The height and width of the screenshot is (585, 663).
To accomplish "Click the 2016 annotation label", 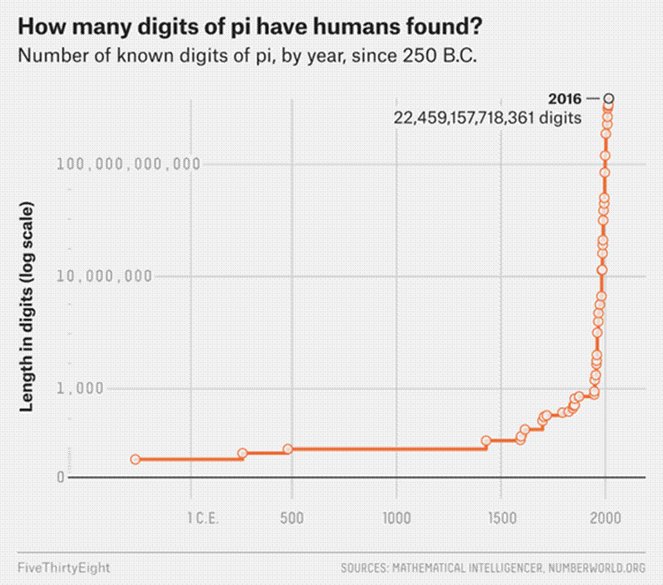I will coord(565,99).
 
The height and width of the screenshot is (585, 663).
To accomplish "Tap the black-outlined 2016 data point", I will coord(609,99).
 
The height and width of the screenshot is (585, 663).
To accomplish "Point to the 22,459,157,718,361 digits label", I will coord(487,118).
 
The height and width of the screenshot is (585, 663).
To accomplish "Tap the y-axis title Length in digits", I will coord(27,306).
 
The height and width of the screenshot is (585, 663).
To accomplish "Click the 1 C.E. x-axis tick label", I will coord(202,517).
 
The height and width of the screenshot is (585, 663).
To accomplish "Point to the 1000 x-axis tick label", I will coord(397,517).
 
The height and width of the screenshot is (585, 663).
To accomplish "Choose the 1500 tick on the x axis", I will coord(500,517).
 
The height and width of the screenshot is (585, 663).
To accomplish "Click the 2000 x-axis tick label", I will coord(605,517).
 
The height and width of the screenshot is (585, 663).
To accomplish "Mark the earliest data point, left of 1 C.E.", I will coord(135,459).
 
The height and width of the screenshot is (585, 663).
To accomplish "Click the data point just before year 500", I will coord(288,449).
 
